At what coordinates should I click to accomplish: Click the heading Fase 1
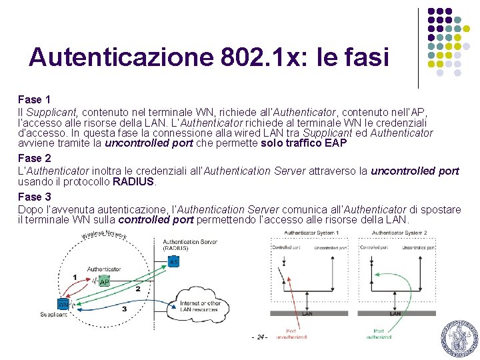[x=35, y=100]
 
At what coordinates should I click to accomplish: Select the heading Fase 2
[x=35, y=158]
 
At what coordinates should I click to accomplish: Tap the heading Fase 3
[x=35, y=197]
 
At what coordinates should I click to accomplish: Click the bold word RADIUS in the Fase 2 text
[x=134, y=181]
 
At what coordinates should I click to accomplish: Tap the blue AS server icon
[x=173, y=262]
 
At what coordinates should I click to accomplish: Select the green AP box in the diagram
[x=103, y=282]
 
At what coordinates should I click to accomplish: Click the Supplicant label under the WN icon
[x=53, y=315]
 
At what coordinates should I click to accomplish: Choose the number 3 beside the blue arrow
[x=124, y=309]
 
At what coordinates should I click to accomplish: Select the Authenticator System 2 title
[x=399, y=233]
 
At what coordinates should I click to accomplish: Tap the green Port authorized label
[x=379, y=334]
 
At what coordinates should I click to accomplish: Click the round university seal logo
[x=459, y=338]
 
